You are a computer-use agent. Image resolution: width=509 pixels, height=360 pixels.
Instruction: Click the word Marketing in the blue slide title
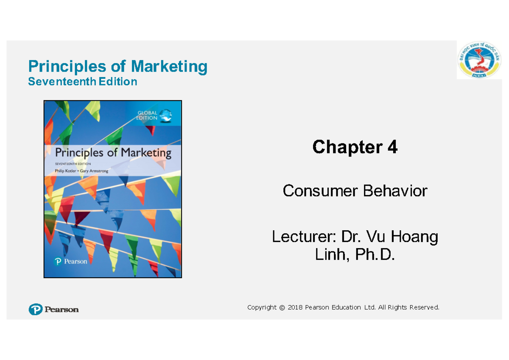coord(169,67)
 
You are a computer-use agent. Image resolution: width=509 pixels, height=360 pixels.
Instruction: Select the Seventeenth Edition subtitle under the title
coord(82,81)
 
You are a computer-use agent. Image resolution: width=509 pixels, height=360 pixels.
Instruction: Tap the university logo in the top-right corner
coord(479,60)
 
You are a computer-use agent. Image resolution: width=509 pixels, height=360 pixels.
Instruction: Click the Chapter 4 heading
coord(355,147)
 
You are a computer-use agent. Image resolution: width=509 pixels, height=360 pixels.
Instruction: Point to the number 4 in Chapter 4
coord(392,147)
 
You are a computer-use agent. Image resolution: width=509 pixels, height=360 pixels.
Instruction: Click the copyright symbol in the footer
coord(282,307)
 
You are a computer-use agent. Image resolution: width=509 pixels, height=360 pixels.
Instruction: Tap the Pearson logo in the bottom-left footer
coord(53,310)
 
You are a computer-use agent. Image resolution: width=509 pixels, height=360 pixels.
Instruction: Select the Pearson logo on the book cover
coord(70,262)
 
